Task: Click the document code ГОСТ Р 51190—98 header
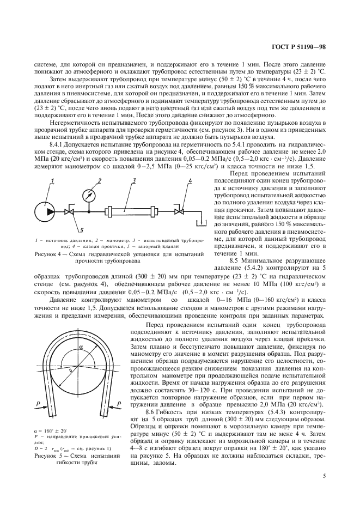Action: click(x=298, y=47)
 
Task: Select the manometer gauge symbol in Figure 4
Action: click(x=86, y=195)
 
